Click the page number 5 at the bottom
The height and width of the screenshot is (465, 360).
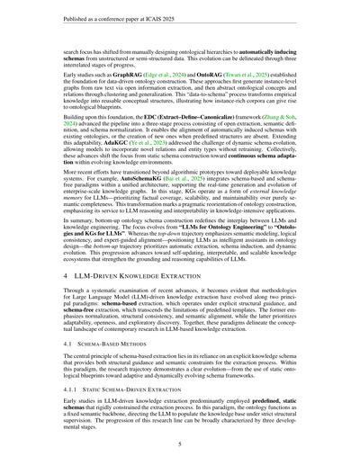pyautogui.click(x=180, y=443)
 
